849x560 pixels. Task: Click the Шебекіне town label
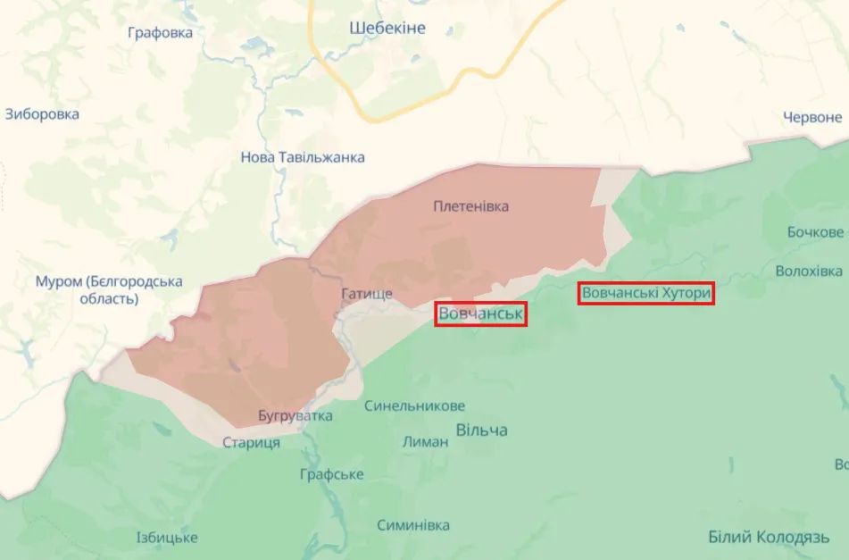[x=387, y=28]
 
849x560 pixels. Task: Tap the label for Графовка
[x=160, y=33]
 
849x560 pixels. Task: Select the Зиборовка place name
[x=42, y=114]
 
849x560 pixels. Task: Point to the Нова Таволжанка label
[x=303, y=157]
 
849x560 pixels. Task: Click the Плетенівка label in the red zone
[x=471, y=206]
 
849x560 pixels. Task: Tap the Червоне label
[x=812, y=117]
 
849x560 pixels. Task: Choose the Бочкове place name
[x=815, y=232]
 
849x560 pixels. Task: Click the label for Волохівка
[x=809, y=271]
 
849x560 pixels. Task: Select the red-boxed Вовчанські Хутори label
[x=645, y=293]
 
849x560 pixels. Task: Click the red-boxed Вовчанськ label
[x=480, y=314]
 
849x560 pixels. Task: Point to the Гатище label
[x=366, y=294]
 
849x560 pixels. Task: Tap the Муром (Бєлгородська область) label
[x=109, y=290]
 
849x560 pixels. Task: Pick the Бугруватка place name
[x=295, y=416]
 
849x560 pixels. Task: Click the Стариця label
[x=252, y=443]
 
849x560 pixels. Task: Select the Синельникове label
[x=414, y=405]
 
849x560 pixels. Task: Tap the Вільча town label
[x=482, y=430]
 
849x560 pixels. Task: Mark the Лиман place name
[x=425, y=441]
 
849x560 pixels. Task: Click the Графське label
[x=331, y=474]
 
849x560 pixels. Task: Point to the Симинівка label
[x=412, y=525]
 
